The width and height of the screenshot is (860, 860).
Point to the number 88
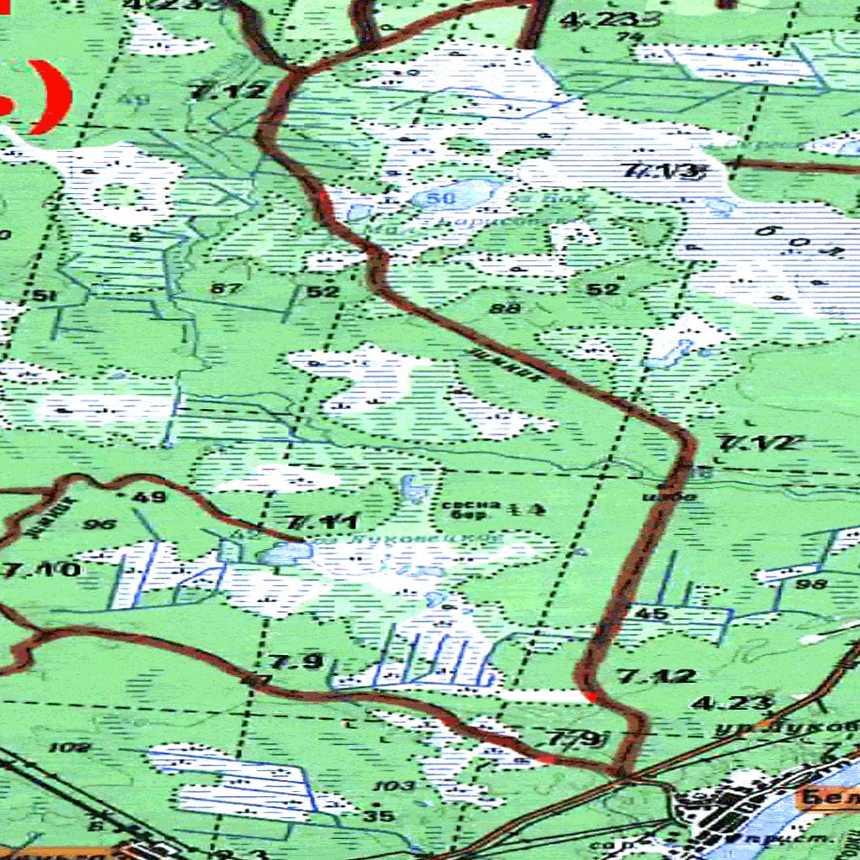[x=509, y=308]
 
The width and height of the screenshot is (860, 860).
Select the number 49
[x=149, y=496]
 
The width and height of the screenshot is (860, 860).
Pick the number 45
[x=653, y=614]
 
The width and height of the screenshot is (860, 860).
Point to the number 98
[x=810, y=584]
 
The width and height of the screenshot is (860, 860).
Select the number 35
[x=380, y=815]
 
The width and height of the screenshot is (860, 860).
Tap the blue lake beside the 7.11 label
[x=285, y=554]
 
